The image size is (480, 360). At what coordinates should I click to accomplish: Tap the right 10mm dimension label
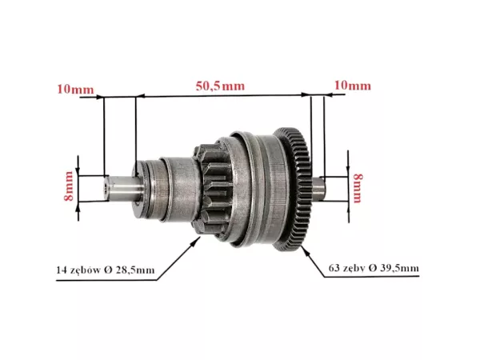[352, 86]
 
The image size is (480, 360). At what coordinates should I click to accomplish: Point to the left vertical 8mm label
[69, 186]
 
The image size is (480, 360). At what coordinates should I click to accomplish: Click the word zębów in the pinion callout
[80, 270]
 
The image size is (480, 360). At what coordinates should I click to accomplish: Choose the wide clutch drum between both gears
[256, 188]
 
